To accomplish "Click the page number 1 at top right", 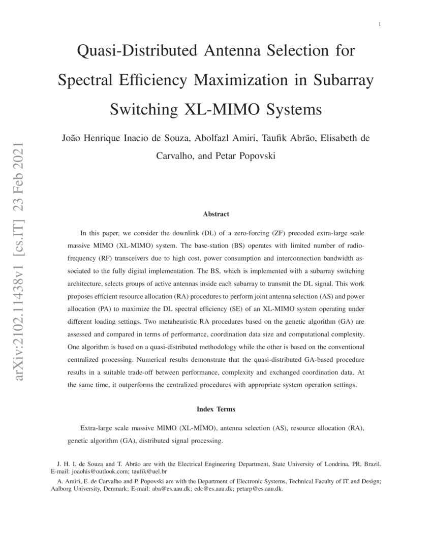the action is click(380, 24).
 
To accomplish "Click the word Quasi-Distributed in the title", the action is click(133, 51).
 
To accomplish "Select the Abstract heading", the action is click(216, 214).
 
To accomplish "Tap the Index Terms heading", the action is click(216, 409).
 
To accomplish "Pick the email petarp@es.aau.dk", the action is click(259, 489).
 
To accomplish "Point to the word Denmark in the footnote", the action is click(114, 489).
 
